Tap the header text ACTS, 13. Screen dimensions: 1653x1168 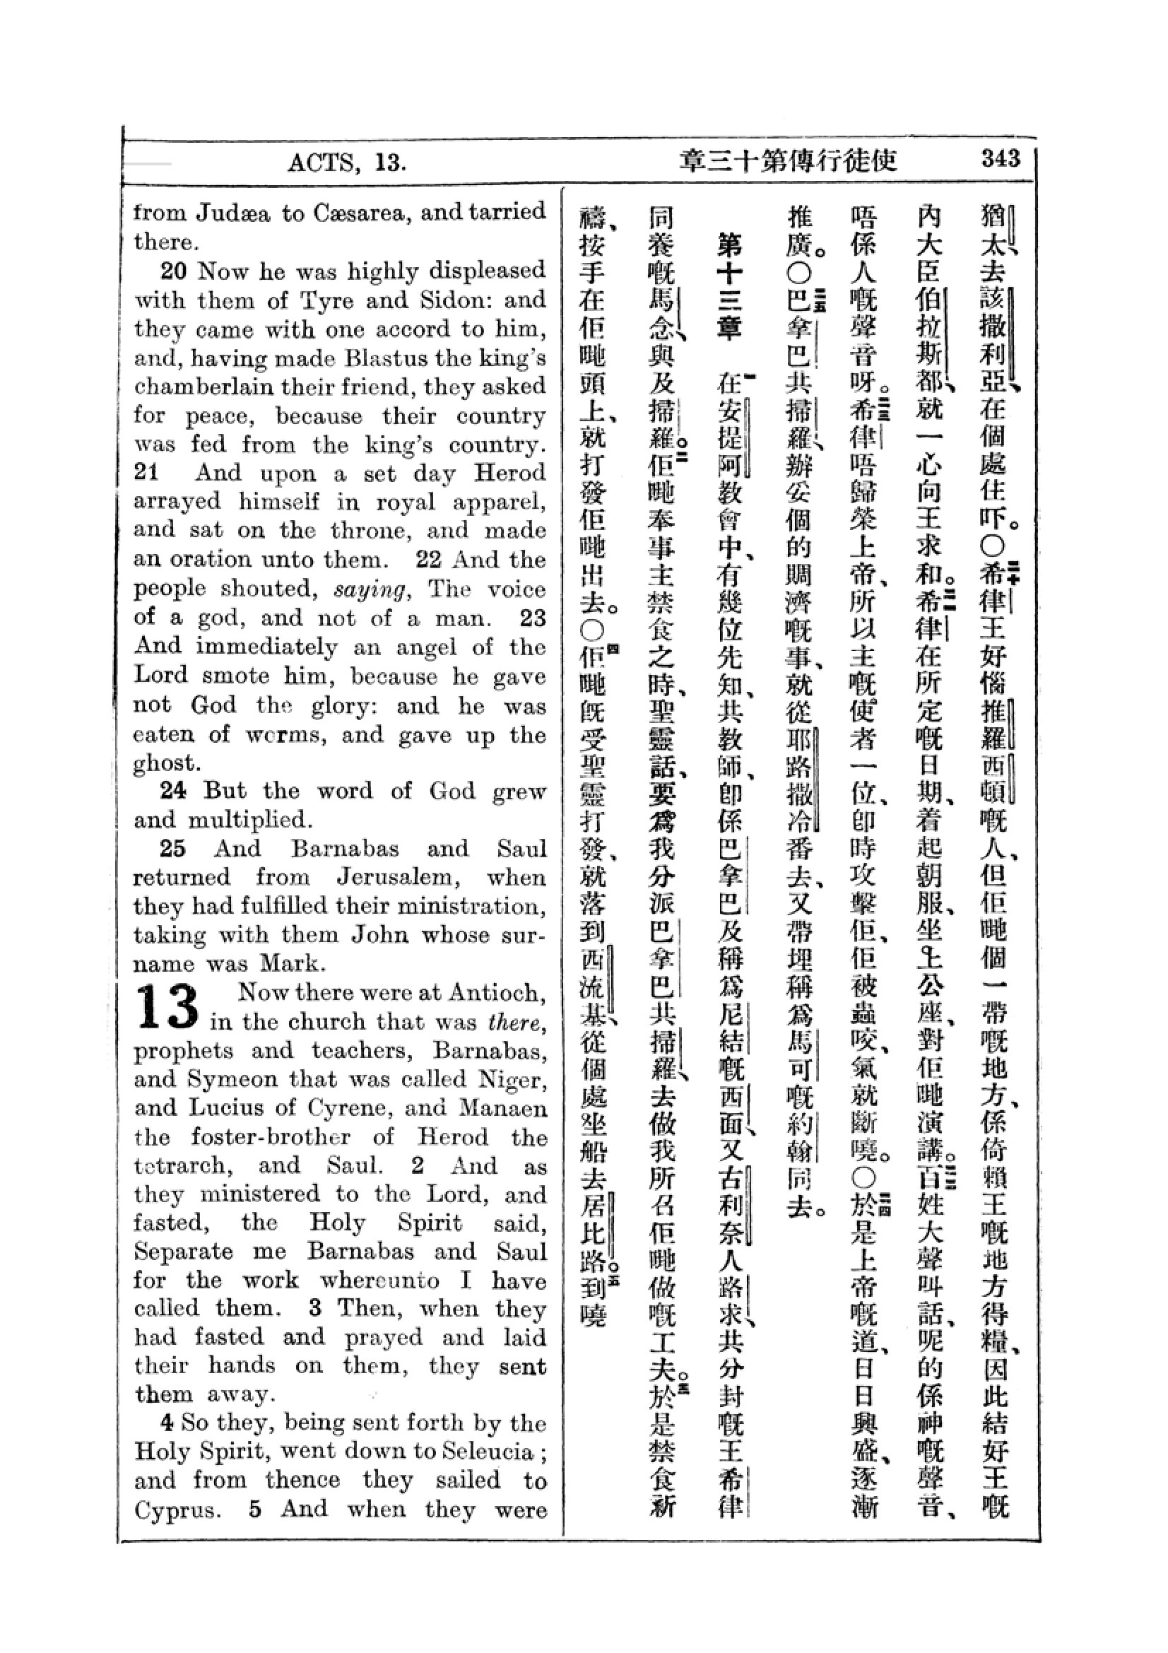(x=347, y=163)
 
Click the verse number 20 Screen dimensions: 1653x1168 (x=173, y=271)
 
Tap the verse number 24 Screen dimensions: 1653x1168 (x=173, y=791)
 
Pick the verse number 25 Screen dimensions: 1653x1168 (x=173, y=848)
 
